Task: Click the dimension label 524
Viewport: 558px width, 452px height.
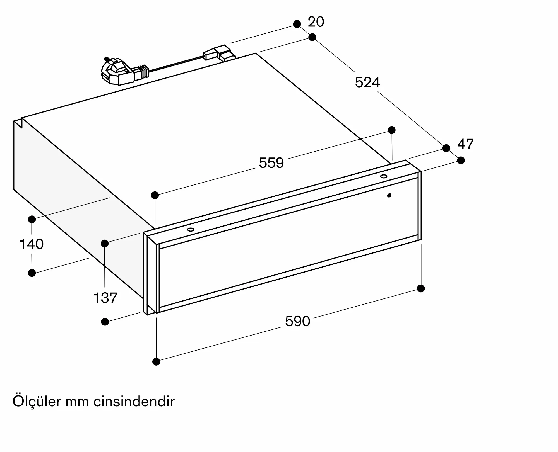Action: [367, 82]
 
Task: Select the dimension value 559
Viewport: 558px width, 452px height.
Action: [271, 163]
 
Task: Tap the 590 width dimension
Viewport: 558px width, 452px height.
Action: [297, 321]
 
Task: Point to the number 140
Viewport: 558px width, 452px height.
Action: [32, 244]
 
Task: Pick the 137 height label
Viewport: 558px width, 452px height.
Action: [105, 298]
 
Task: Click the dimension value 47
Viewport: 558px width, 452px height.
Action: [465, 144]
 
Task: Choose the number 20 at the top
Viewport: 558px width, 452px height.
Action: [316, 22]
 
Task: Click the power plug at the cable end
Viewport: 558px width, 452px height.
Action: [114, 71]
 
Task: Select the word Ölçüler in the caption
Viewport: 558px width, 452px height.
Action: [37, 402]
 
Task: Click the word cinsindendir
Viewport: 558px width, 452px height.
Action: [134, 402]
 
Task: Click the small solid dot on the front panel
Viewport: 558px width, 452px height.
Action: [389, 195]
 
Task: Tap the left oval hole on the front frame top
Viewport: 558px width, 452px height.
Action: [191, 229]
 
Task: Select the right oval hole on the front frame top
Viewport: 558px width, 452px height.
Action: [384, 176]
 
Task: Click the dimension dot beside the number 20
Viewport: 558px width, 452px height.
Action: [297, 24]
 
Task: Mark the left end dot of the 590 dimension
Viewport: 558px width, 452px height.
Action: [156, 362]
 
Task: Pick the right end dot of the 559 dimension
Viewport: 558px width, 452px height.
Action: [392, 130]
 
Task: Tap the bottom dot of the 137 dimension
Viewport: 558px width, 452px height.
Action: [105, 322]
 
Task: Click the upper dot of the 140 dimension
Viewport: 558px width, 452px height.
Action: [32, 219]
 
